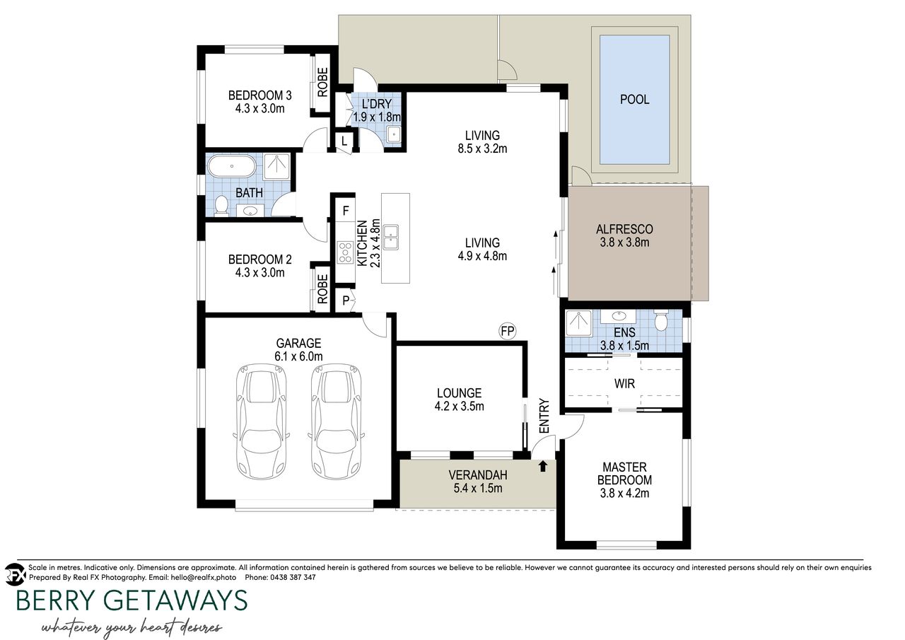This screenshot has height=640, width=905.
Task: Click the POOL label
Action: coord(634,100)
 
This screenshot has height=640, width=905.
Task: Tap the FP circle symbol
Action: coord(508,331)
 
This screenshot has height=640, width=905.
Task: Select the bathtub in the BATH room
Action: coord(231,166)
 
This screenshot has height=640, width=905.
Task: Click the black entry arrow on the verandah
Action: coord(543,466)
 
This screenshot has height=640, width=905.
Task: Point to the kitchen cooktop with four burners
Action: coord(346,252)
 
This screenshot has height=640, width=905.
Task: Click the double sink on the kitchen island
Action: coord(391,237)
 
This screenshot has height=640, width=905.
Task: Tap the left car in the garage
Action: coord(262,421)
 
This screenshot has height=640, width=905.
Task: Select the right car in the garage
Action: coord(337,421)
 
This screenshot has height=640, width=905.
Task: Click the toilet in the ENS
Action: coord(661,320)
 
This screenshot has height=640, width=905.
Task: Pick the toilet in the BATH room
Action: coord(221,205)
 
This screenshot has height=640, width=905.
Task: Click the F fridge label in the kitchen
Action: coord(346,211)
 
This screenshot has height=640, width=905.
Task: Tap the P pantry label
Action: coord(346,301)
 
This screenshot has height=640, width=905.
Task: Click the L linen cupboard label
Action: coord(344,141)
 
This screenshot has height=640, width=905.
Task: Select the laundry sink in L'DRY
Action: coord(393,134)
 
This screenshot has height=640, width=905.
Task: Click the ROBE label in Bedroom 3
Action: coord(322,83)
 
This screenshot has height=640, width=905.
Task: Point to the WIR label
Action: coord(624,383)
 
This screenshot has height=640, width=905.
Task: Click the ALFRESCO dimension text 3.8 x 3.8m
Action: coord(624,243)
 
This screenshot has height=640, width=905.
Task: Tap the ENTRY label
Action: coord(544,416)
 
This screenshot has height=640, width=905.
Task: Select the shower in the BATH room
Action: coord(276,166)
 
